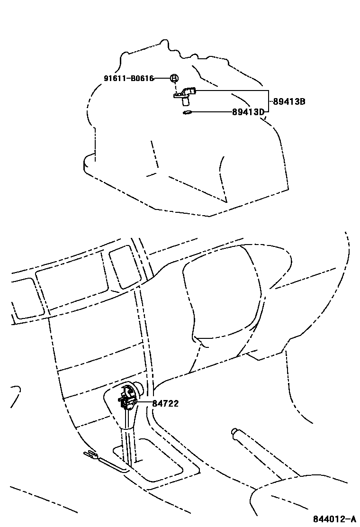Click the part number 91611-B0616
[129, 78]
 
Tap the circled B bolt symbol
[174, 78]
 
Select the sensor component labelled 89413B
[186, 95]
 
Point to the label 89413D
[248, 112]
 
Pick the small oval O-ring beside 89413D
[187, 112]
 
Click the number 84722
[165, 403]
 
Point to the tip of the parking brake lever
[234, 431]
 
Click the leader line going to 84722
[144, 403]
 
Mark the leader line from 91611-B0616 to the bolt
[162, 78]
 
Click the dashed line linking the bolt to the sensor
[177, 88]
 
